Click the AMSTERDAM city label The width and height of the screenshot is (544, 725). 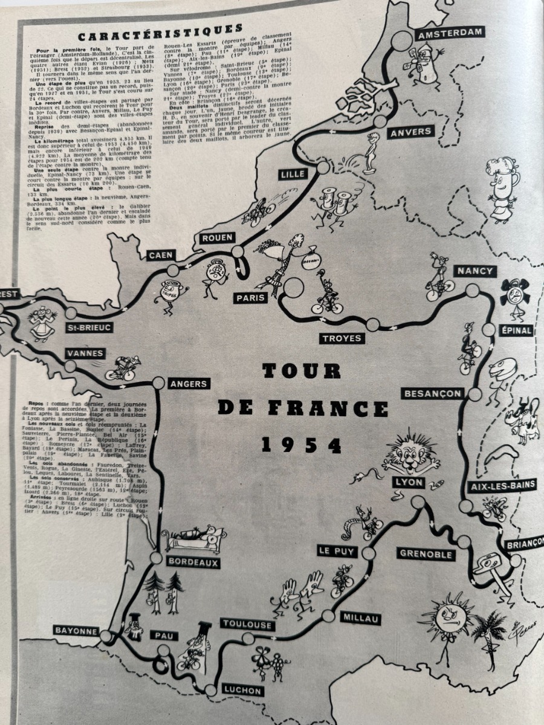click(x=450, y=33)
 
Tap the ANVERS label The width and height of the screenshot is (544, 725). click(x=410, y=132)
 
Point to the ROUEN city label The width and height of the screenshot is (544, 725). click(x=216, y=238)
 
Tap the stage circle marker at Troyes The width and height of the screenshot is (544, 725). click(x=373, y=324)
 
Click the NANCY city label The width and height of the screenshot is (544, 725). click(x=474, y=271)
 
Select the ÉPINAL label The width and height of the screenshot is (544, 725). click(x=516, y=330)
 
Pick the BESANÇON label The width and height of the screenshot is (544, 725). click(x=433, y=394)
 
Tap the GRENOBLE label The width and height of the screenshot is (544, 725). click(x=426, y=553)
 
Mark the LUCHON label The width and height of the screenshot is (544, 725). click(x=241, y=691)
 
